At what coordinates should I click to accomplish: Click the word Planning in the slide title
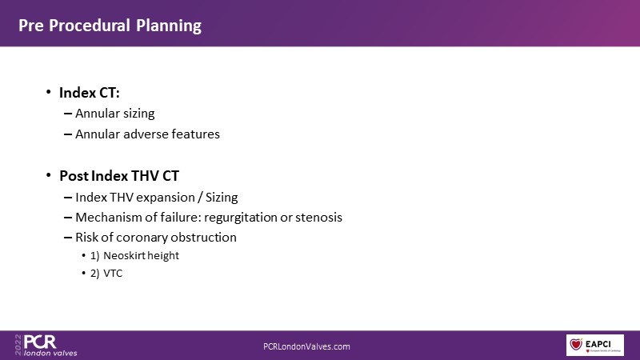coord(169,26)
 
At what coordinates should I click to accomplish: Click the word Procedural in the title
coord(89,26)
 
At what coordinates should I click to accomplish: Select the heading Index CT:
coord(90,93)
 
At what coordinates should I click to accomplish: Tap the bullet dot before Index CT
coord(49,92)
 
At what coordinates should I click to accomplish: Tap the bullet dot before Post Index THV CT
coord(49,175)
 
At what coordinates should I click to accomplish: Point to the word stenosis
coord(318,217)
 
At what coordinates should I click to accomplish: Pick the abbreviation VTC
coord(113,273)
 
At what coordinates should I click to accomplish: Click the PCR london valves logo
coord(46,346)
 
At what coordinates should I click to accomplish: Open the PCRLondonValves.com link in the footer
coord(306,346)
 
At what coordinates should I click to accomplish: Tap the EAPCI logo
coord(594,345)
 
